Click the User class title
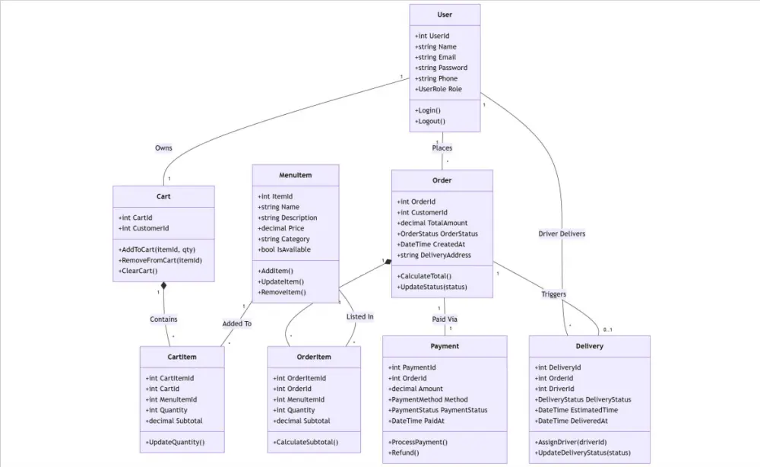click(x=445, y=14)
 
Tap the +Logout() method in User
click(x=430, y=121)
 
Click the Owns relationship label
click(x=163, y=148)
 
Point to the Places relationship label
click(x=442, y=148)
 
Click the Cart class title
click(x=163, y=196)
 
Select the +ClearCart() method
click(x=138, y=271)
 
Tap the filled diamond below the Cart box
click(x=163, y=286)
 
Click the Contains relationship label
click(x=163, y=319)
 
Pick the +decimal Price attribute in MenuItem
click(x=282, y=228)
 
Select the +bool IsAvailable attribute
click(x=285, y=249)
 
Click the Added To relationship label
click(x=236, y=323)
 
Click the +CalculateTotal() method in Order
click(x=424, y=276)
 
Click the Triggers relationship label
click(x=553, y=294)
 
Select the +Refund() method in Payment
click(x=404, y=453)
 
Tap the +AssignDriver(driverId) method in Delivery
click(x=571, y=442)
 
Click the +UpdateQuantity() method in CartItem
click(x=175, y=442)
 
